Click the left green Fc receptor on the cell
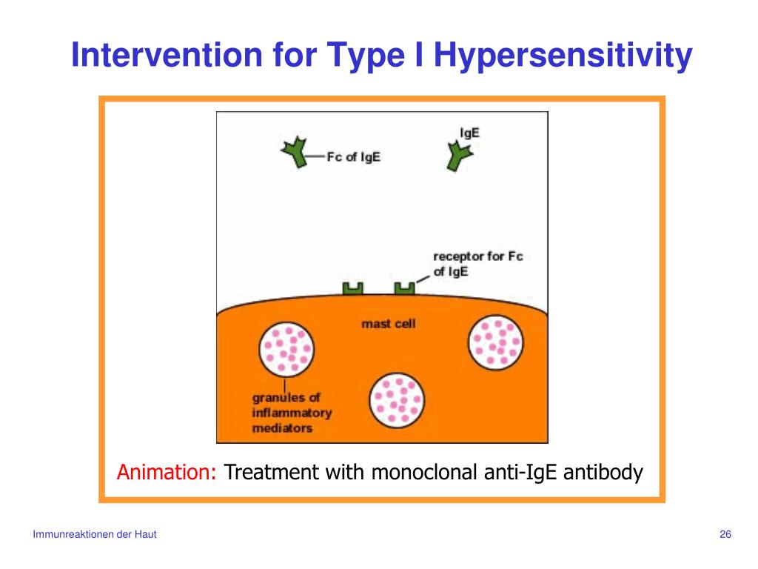(x=352, y=288)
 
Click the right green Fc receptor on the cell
(x=404, y=288)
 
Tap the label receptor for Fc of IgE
(x=477, y=264)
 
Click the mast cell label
(x=388, y=324)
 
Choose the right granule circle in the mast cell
(x=497, y=342)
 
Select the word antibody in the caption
(x=603, y=472)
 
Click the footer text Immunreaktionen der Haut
(x=95, y=535)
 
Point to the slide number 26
(x=725, y=535)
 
